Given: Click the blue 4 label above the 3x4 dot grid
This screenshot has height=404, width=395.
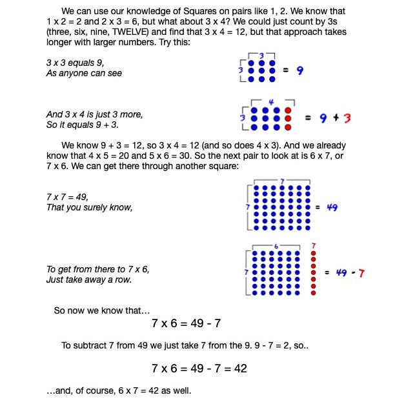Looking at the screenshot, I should (x=271, y=102).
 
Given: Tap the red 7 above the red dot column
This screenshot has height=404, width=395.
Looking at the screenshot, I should (x=314, y=245).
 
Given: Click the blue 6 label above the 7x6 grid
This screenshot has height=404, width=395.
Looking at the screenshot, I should (x=276, y=246).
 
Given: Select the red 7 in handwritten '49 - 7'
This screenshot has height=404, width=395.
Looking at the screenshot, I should (x=361, y=273).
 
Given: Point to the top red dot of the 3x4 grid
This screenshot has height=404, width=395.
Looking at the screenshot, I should (x=287, y=110).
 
